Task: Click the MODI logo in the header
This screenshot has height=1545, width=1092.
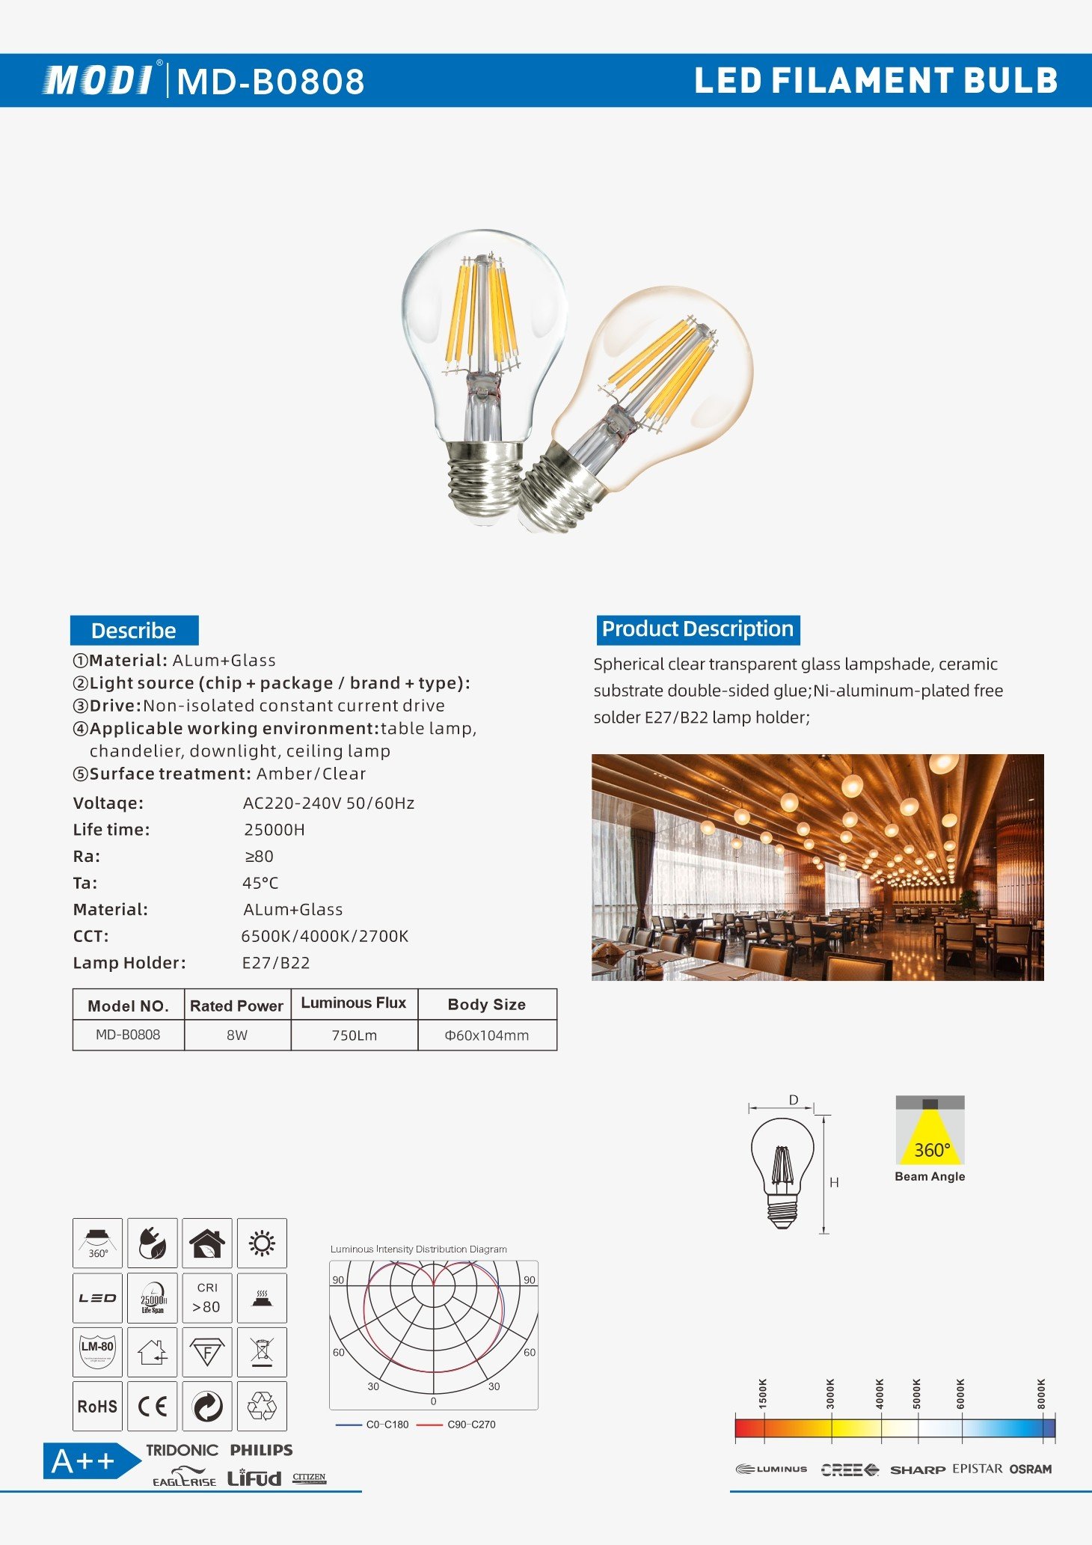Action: (99, 80)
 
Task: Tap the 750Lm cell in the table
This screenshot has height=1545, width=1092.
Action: (354, 1035)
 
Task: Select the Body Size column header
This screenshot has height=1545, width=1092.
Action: (487, 1005)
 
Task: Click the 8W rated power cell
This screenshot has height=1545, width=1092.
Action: (237, 1035)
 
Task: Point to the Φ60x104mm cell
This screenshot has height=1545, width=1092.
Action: (487, 1035)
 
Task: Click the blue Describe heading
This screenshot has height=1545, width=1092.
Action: (134, 631)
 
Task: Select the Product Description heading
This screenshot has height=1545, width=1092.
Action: (697, 629)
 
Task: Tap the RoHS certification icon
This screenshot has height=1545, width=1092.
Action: (97, 1407)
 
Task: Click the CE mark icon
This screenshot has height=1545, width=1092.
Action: (153, 1407)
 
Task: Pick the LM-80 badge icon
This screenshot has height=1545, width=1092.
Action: (97, 1352)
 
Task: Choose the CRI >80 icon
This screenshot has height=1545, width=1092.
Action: (207, 1298)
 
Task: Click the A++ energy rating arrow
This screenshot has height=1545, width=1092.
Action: (90, 1461)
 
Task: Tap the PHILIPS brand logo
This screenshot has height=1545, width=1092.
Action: (261, 1450)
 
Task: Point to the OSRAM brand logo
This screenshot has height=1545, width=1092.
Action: (1030, 1469)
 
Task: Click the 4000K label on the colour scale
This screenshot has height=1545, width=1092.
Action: (880, 1394)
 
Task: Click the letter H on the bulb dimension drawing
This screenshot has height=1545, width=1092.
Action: (834, 1183)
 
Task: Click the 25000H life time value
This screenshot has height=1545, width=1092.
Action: (274, 830)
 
